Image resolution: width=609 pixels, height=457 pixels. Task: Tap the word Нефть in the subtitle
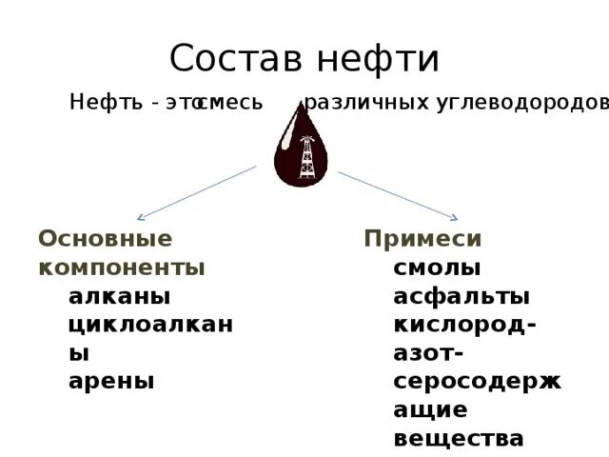coord(103,103)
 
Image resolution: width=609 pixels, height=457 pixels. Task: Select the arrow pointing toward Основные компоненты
coord(197,193)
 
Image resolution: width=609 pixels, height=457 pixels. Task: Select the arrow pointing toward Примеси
coord(399,194)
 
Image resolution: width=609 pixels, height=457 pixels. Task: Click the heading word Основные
coord(105,239)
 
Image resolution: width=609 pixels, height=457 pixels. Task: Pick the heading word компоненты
coord(122,268)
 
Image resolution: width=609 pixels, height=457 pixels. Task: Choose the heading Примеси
coord(423,239)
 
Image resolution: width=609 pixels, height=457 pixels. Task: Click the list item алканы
coord(120,296)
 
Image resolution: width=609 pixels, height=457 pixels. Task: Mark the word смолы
coord(437,268)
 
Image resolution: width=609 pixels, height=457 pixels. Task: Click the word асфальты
coord(462,296)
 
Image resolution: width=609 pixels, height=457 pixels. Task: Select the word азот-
coord(428,353)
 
